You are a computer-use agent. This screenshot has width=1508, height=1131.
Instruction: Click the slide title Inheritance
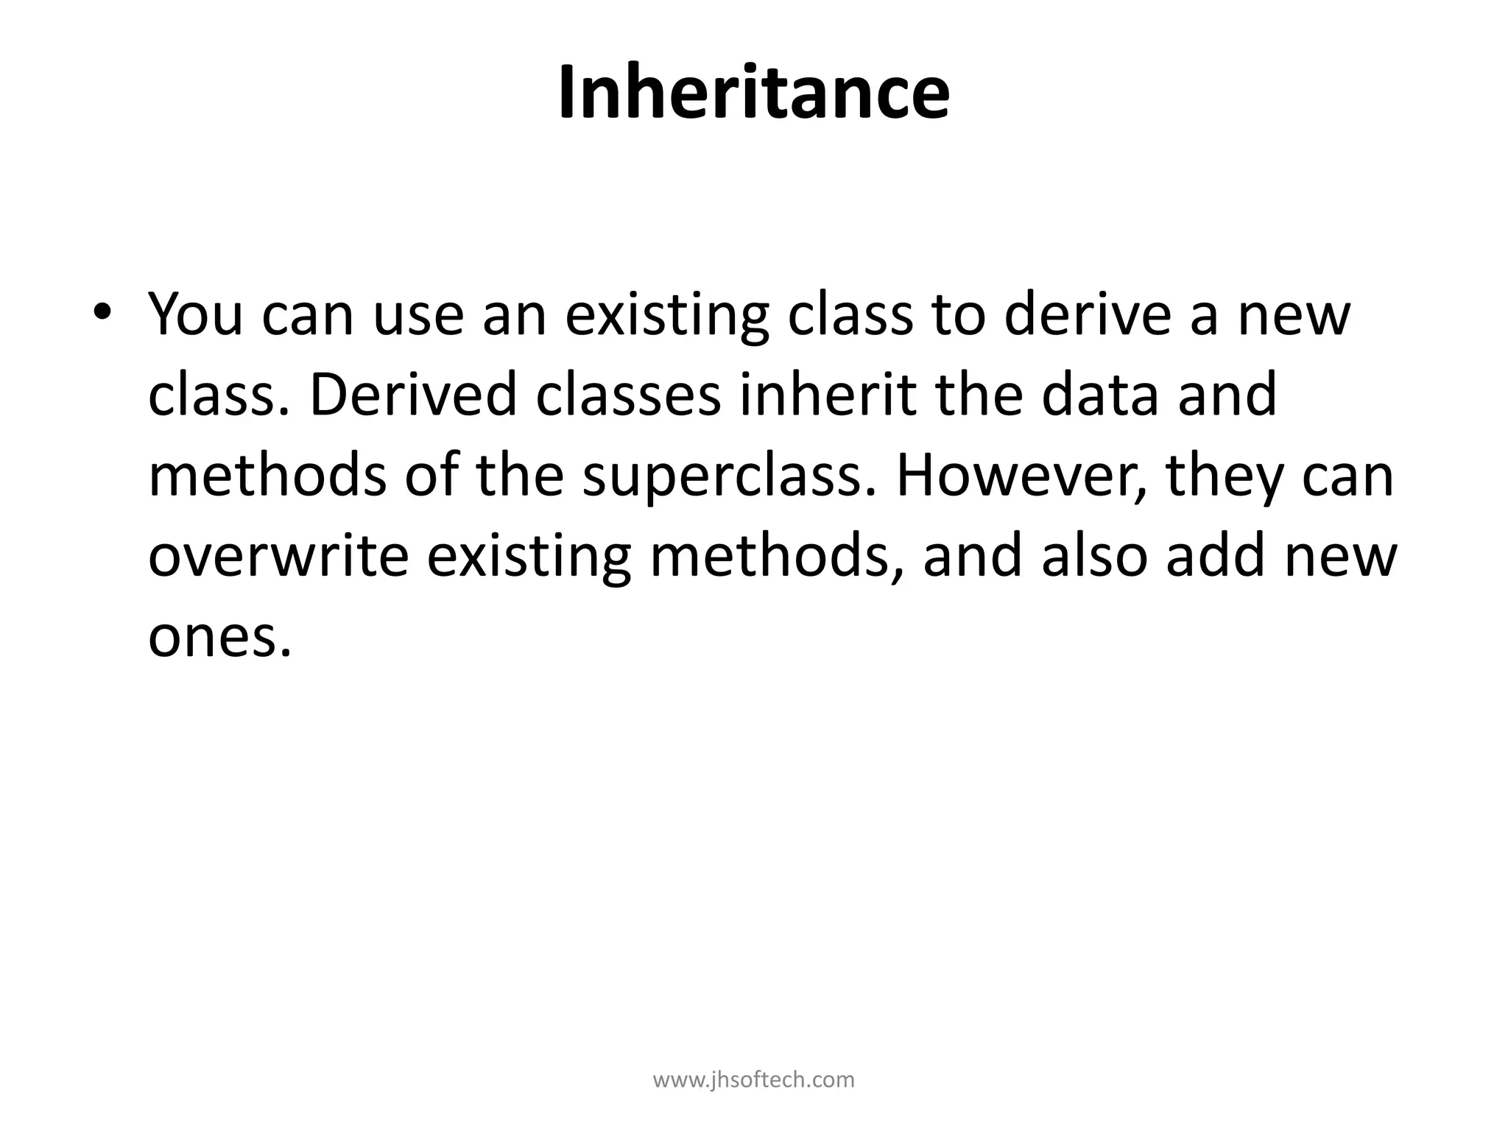(x=753, y=94)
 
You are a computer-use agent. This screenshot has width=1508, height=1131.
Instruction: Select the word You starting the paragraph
(x=196, y=314)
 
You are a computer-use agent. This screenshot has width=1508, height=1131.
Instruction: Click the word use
(x=418, y=315)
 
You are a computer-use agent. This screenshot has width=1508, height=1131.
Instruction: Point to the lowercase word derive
(x=1086, y=314)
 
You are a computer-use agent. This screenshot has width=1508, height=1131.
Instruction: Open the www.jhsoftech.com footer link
(x=754, y=1079)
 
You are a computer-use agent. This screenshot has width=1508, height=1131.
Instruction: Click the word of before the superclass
(x=431, y=475)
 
